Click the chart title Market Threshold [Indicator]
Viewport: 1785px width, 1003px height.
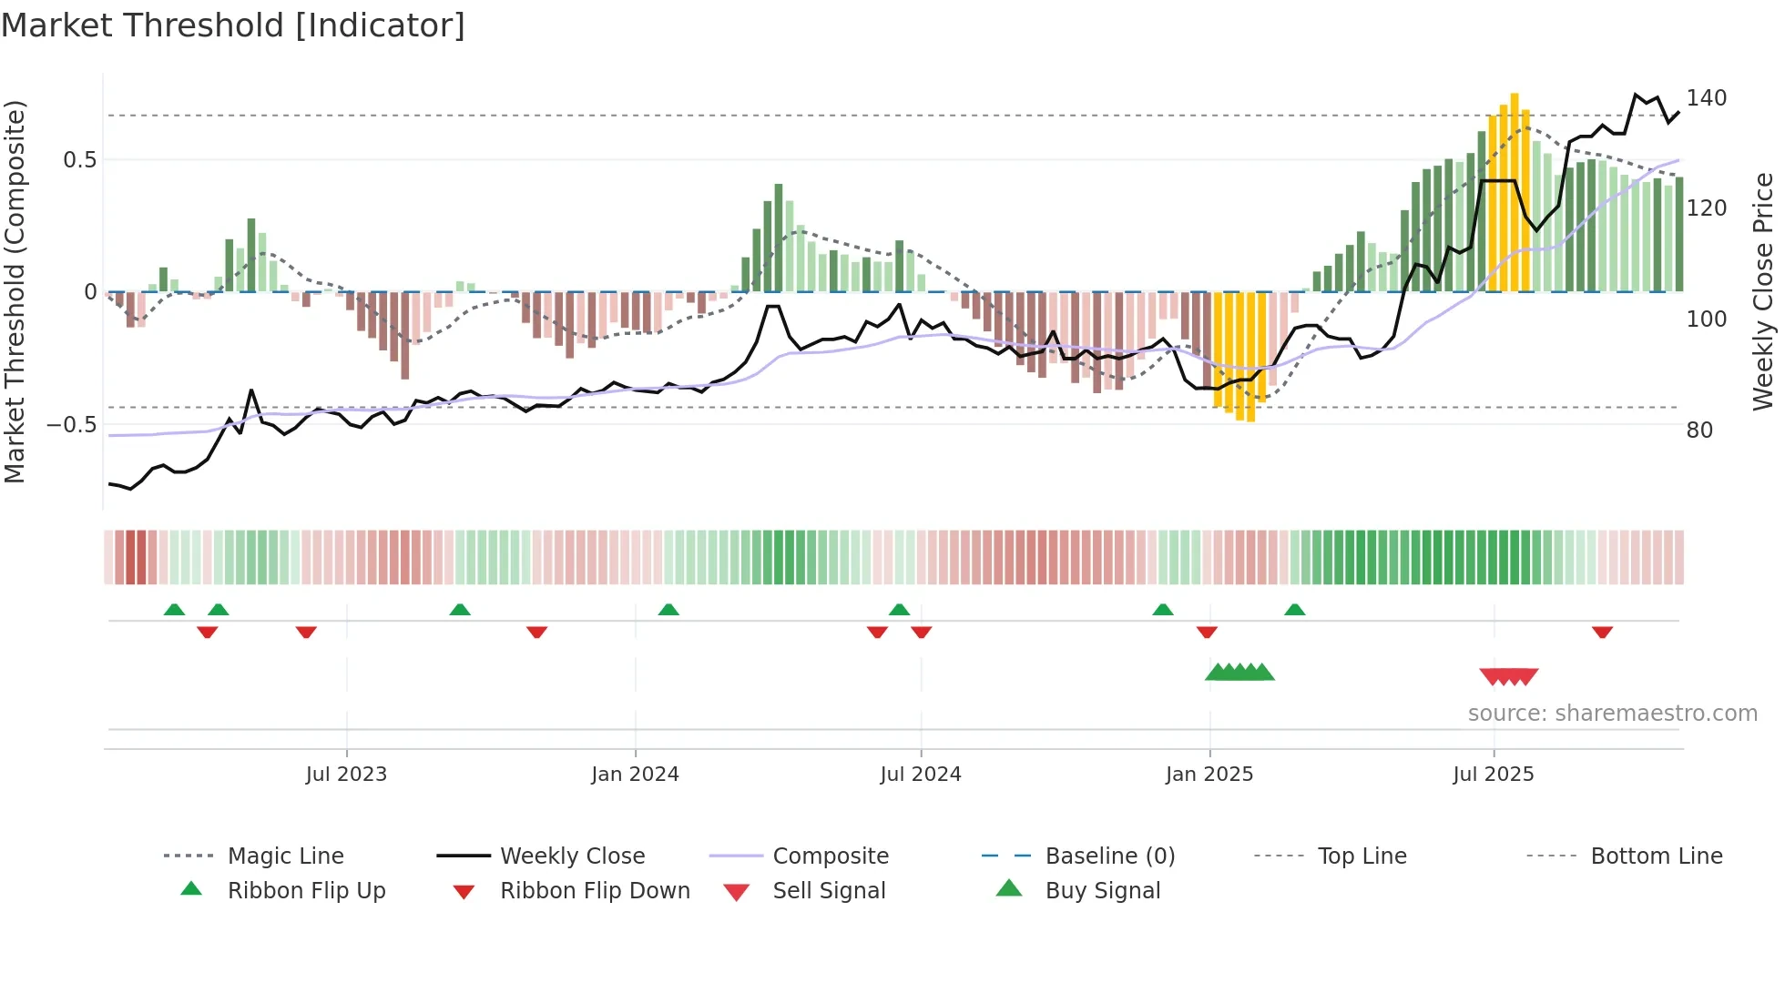(233, 25)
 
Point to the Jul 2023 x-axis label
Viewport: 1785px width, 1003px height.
(346, 775)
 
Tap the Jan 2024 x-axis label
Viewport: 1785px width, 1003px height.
(635, 775)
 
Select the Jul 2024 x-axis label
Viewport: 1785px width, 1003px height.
(920, 775)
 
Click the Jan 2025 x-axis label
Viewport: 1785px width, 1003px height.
(1209, 775)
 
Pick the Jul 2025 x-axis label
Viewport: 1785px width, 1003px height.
(1493, 775)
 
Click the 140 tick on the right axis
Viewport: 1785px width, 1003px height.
(1706, 98)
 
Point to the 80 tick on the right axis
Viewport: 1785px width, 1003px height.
(1699, 431)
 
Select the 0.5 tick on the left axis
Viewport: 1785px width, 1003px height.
(79, 160)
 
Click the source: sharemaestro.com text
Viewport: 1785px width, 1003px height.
(1612, 714)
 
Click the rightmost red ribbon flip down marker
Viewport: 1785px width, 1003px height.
(1602, 633)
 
